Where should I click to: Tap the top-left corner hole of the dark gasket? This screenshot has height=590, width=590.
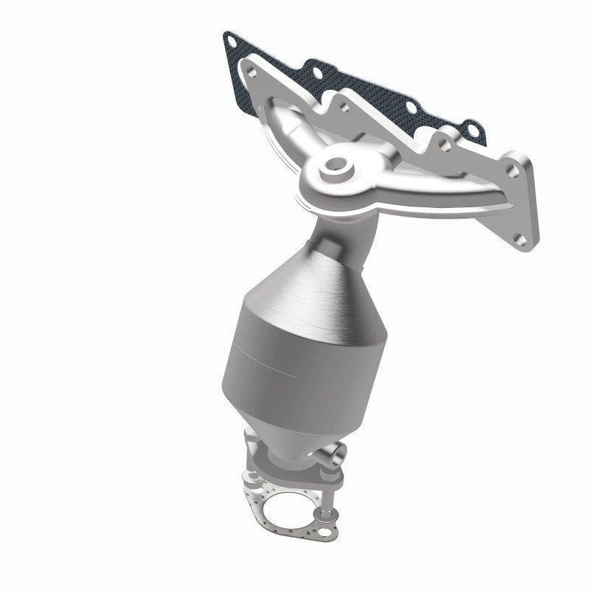(235, 38)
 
